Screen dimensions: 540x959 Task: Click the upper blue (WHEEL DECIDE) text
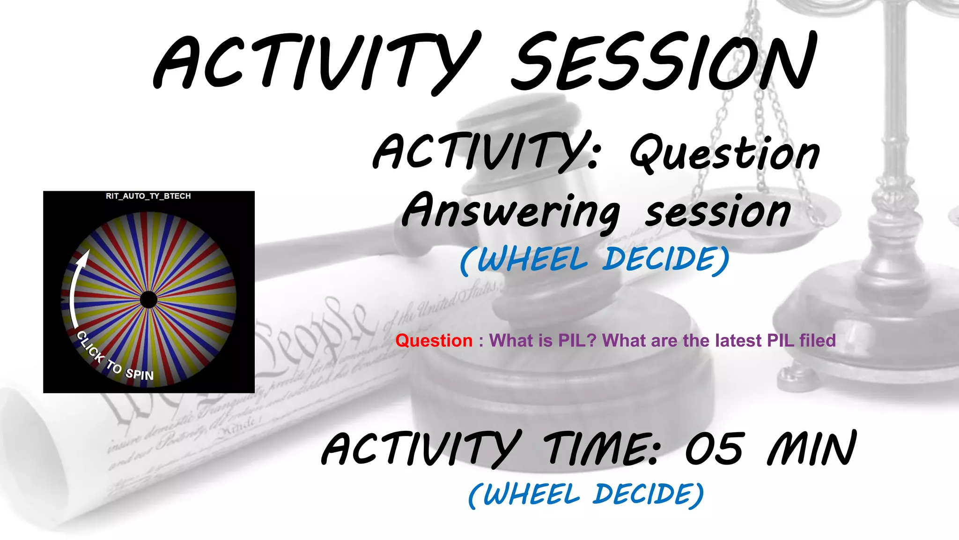[x=595, y=260]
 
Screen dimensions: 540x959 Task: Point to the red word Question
[x=434, y=340]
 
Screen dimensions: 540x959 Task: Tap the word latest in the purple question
[x=738, y=340]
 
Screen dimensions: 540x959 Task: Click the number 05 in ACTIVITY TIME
[x=714, y=449]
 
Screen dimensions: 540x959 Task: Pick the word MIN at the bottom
[x=812, y=449]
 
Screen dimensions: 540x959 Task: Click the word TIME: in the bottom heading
[x=602, y=449]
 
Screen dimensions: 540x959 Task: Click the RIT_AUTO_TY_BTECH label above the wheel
[x=148, y=196]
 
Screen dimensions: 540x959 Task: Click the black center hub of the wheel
[x=148, y=300]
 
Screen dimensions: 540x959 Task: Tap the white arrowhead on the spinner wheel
[x=83, y=257]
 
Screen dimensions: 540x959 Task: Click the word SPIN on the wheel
[x=140, y=374]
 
